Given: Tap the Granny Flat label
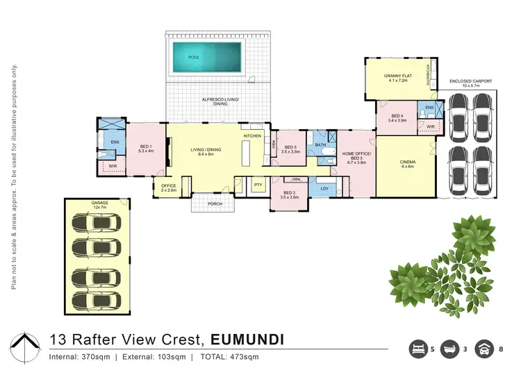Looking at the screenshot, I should point(399,78).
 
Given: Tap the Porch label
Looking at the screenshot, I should point(214,203).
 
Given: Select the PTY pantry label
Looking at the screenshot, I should point(258,185).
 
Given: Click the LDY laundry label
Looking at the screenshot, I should point(323,187).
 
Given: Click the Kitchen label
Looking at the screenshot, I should point(251,135).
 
